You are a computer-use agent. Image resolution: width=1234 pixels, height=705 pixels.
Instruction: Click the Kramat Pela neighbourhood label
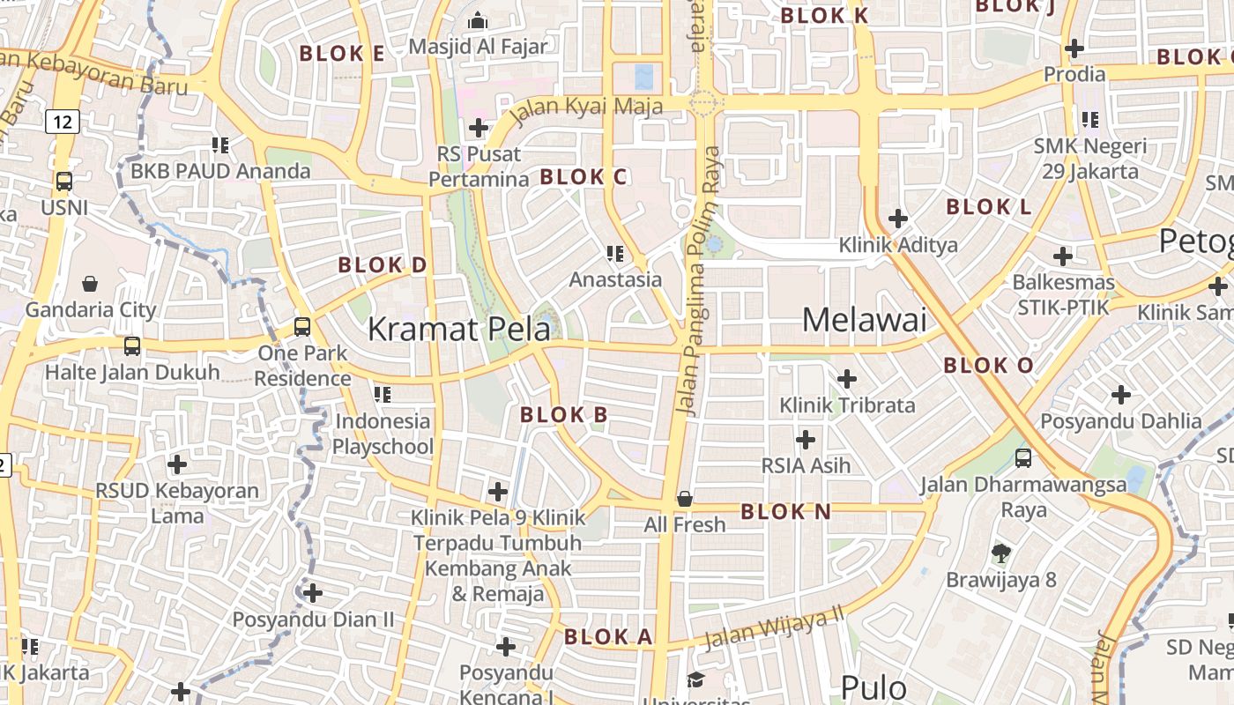(458, 329)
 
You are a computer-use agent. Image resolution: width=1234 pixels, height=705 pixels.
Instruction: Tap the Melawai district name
(864, 319)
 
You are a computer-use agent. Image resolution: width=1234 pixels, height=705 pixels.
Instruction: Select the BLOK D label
(383, 264)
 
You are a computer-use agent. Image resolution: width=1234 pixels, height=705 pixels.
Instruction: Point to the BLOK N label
(785, 511)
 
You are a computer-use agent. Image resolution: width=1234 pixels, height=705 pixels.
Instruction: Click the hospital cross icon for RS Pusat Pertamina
(479, 128)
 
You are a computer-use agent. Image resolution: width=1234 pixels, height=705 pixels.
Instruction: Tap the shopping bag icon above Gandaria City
(90, 284)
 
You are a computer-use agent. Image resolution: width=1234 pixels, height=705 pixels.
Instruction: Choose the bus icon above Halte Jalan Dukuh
(132, 346)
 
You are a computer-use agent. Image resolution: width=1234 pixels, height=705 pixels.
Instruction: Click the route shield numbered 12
(62, 122)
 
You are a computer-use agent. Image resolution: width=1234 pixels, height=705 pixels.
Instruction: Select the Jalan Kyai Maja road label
(585, 110)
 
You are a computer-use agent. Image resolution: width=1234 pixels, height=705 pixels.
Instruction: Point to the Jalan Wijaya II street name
(774, 627)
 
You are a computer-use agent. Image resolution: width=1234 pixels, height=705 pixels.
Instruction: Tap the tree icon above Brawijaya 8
(1000, 553)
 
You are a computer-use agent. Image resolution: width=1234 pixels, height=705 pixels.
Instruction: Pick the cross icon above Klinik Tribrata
(847, 379)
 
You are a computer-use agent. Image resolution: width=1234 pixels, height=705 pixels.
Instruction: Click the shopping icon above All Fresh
(684, 499)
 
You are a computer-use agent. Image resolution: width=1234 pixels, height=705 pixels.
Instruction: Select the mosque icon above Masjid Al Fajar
(478, 19)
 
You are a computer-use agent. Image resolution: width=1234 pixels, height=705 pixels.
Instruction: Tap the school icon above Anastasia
(615, 254)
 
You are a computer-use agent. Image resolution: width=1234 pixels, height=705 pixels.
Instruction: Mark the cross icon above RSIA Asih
(806, 439)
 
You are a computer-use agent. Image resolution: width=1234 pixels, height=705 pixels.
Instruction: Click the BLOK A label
(608, 636)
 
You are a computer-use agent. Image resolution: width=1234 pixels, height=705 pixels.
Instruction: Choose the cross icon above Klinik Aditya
(898, 218)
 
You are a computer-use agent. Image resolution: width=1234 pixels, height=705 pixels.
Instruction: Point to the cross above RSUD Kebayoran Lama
(177, 464)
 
